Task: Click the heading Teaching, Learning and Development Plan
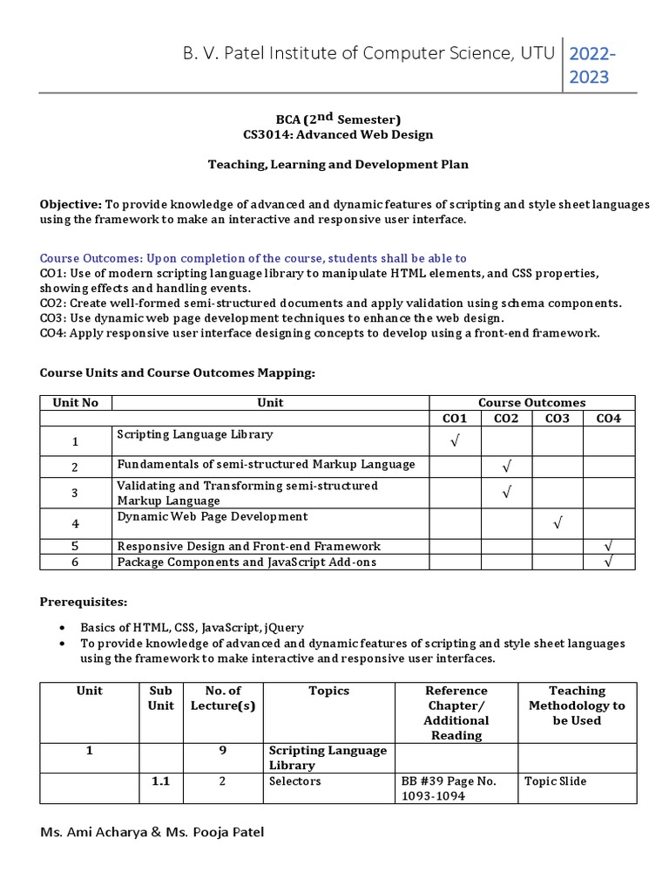pyautogui.click(x=337, y=163)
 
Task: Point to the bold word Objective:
pyautogui.click(x=71, y=204)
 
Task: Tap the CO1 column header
pyautogui.click(x=455, y=419)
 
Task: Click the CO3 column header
pyautogui.click(x=557, y=419)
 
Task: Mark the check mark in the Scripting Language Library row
pyautogui.click(x=455, y=442)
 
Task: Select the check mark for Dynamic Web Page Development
pyautogui.click(x=557, y=523)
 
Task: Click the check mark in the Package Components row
pyautogui.click(x=609, y=562)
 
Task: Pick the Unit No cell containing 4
pyautogui.click(x=76, y=523)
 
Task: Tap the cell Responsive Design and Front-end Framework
pyautogui.click(x=248, y=546)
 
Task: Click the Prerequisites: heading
pyautogui.click(x=84, y=602)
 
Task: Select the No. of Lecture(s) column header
pyautogui.click(x=222, y=698)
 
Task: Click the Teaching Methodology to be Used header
pyautogui.click(x=577, y=705)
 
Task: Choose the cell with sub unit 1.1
pyautogui.click(x=160, y=781)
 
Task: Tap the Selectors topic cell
pyautogui.click(x=295, y=781)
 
